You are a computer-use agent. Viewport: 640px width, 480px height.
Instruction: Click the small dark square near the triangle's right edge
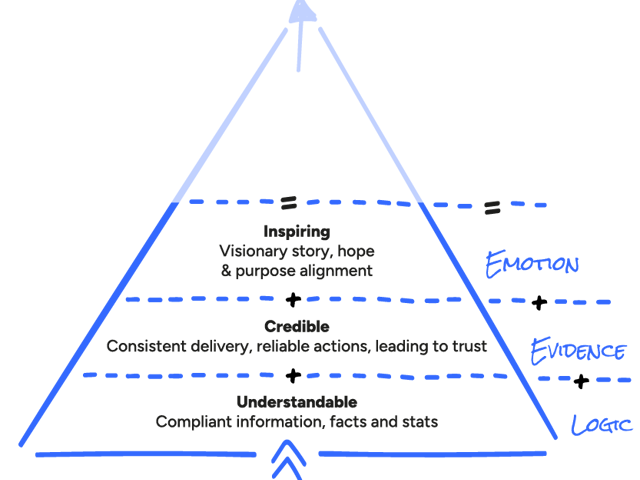497,212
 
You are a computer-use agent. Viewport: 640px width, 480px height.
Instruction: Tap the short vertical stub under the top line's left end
291,210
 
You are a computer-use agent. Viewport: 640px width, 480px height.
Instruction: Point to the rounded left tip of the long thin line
111,346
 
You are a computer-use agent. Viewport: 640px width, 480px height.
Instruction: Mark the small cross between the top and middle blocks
295,299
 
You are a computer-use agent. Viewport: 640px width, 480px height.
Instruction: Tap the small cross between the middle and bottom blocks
295,378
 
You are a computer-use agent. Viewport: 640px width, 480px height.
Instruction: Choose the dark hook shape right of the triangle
545,310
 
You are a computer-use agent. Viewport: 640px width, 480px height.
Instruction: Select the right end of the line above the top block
410,198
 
